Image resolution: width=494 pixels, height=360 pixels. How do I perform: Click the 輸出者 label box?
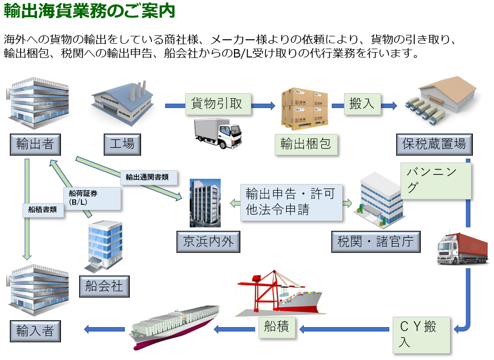click(x=35, y=144)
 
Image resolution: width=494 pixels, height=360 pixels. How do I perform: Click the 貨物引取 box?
click(x=218, y=104)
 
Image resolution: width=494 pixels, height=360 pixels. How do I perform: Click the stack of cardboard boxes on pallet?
click(x=304, y=109)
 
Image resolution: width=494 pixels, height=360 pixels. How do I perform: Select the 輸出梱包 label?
click(x=306, y=143)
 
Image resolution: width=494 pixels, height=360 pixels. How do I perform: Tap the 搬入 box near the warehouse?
click(x=362, y=104)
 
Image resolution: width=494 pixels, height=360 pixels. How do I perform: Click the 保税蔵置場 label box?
click(x=434, y=144)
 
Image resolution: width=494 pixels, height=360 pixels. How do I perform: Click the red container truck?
click(x=463, y=249)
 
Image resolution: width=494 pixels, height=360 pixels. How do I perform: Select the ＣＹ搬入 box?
click(x=421, y=334)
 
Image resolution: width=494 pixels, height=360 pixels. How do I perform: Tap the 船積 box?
click(x=277, y=327)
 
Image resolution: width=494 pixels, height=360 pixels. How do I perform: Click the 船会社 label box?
click(x=104, y=285)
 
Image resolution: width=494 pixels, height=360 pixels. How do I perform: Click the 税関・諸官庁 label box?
click(x=376, y=241)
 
